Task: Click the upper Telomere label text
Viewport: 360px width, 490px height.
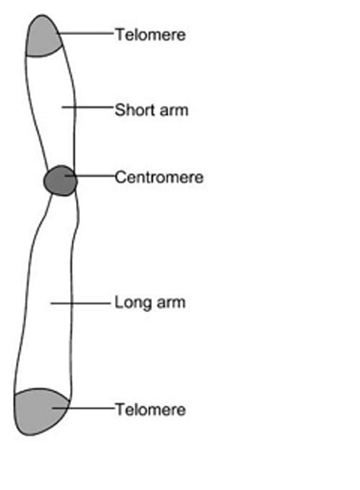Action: (x=151, y=34)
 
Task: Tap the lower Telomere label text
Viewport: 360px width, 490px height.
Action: (x=151, y=409)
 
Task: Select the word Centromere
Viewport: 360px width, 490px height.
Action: (x=159, y=177)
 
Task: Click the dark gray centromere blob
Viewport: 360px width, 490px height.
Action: (x=60, y=181)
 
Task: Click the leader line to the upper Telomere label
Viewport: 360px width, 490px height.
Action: (x=85, y=33)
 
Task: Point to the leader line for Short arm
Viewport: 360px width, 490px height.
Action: (x=87, y=107)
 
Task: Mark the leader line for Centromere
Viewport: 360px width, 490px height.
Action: (x=90, y=176)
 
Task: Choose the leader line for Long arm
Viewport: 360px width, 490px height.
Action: (x=81, y=303)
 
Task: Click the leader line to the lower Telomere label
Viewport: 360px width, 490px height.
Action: (x=83, y=408)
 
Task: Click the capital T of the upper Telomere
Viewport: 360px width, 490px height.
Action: (x=121, y=34)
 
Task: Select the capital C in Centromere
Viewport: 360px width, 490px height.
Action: (x=120, y=177)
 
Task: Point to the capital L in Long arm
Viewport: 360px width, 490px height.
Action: (x=119, y=302)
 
